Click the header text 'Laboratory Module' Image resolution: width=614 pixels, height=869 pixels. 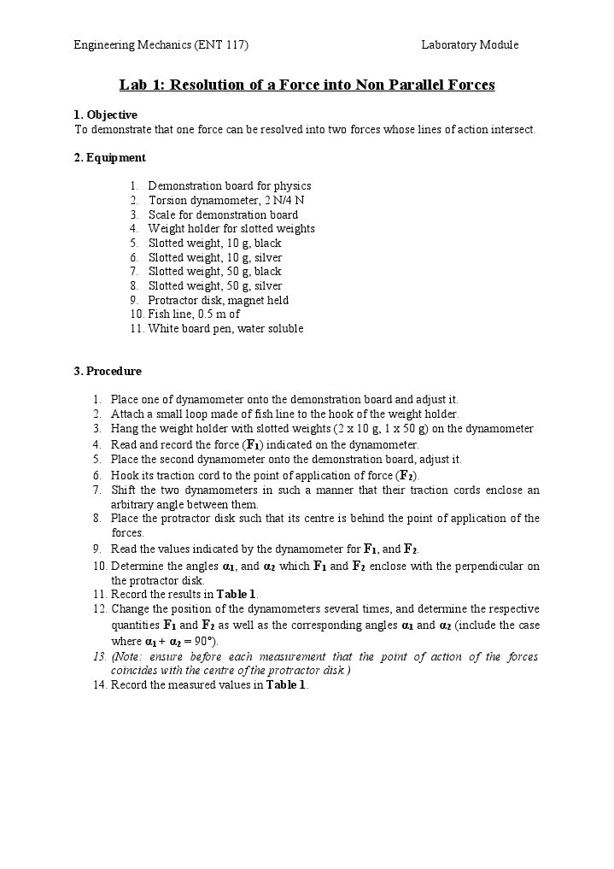pyautogui.click(x=470, y=44)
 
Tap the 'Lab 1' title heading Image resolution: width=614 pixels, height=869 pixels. pyautogui.click(x=307, y=85)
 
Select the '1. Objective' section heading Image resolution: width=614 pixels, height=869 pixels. pyautogui.click(x=106, y=114)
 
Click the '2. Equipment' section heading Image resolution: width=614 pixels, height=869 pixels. pyautogui.click(x=110, y=157)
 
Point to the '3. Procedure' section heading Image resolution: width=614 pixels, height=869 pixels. pyautogui.click(x=108, y=371)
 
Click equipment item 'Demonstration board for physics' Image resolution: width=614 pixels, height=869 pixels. pyautogui.click(x=229, y=185)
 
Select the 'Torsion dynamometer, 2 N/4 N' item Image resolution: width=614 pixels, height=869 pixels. pyautogui.click(x=226, y=200)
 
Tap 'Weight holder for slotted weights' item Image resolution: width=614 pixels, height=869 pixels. pyautogui.click(x=231, y=228)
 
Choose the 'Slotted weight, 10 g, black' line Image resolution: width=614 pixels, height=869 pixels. pyautogui.click(x=214, y=243)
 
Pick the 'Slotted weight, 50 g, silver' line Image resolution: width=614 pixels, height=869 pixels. pyautogui.click(x=215, y=285)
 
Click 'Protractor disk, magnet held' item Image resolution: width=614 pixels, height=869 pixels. pyautogui.click(x=219, y=300)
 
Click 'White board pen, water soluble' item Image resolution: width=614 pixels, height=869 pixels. pyautogui.click(x=225, y=328)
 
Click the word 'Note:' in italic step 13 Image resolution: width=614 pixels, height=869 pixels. pyautogui.click(x=135, y=656)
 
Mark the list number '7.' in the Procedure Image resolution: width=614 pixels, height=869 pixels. pyautogui.click(x=97, y=490)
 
